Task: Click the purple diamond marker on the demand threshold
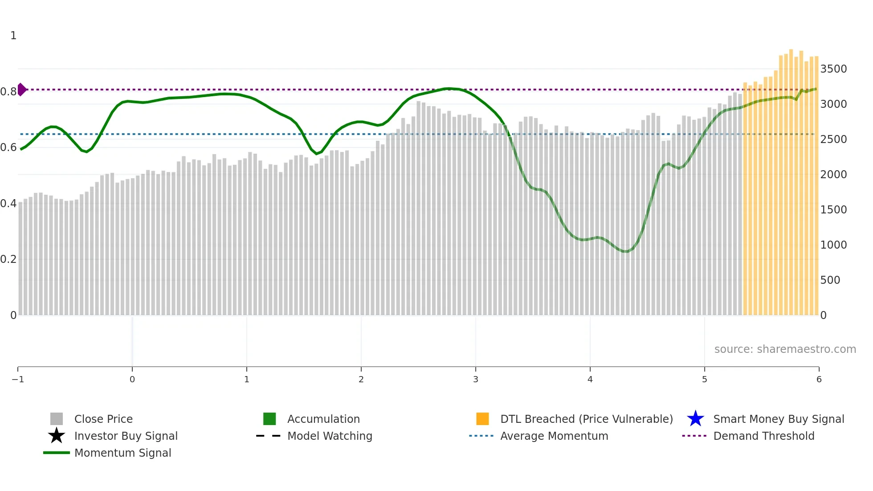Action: [21, 90]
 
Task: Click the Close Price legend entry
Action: [103, 419]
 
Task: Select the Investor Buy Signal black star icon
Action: [57, 436]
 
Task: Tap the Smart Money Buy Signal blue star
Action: [695, 419]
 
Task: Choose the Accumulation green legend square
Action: [269, 419]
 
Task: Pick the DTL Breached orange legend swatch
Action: [482, 419]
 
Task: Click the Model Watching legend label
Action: [330, 436]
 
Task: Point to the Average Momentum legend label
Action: [554, 436]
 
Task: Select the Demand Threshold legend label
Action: [763, 436]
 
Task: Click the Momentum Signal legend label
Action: [122, 453]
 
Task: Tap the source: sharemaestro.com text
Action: [785, 349]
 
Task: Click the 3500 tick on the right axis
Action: [833, 69]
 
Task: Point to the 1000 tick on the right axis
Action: [833, 245]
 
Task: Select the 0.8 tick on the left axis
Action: [8, 92]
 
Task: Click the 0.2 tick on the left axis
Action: [8, 259]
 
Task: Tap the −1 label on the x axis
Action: [18, 380]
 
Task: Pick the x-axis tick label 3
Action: [476, 380]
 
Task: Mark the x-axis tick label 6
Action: [819, 380]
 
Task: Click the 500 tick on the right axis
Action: [830, 280]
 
